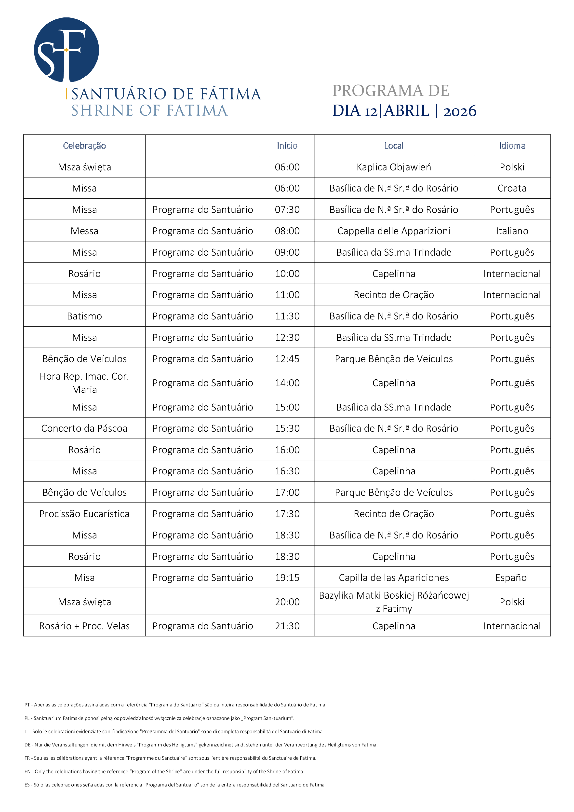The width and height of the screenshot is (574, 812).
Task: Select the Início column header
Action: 287,146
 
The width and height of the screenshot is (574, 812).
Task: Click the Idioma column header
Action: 512,146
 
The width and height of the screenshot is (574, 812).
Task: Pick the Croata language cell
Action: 512,188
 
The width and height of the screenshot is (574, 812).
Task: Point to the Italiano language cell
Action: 512,231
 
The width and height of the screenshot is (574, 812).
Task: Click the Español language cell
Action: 512,578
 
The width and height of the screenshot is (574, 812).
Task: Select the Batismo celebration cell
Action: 84,316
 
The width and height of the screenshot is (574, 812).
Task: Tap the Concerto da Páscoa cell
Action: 84,428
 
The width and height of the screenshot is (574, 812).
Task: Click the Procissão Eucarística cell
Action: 84,513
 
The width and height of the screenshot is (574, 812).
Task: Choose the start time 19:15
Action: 287,578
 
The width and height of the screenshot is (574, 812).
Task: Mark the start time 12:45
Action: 287,358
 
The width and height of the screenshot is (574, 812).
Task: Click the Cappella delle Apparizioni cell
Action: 394,231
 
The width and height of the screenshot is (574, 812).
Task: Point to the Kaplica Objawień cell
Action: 394,167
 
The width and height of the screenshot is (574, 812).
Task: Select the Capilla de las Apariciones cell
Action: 394,578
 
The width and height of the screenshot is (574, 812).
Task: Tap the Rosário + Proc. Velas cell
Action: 84,626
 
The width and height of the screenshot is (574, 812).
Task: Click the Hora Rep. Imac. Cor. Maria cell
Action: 84,383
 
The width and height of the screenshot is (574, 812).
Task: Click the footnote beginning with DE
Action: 201,745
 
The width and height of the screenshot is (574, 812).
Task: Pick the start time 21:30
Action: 287,626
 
